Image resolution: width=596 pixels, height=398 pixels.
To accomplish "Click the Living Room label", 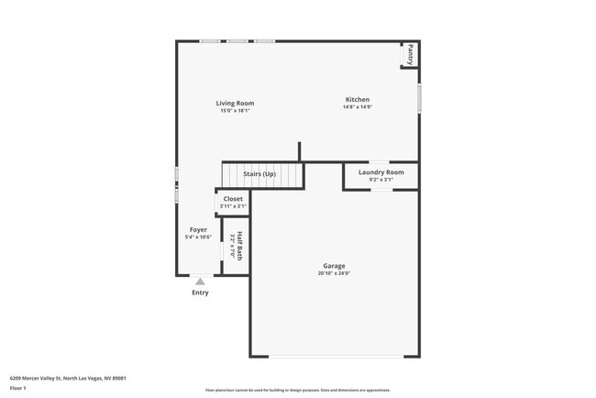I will click(235, 104).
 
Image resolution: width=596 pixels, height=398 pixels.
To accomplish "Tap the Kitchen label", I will click(357, 100).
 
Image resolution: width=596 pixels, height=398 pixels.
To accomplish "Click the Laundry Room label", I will click(381, 172).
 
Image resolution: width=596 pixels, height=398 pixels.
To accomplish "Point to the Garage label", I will click(334, 266).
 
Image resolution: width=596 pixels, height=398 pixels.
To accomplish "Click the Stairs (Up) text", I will click(259, 174).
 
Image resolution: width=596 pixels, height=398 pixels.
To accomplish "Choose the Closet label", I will click(233, 199).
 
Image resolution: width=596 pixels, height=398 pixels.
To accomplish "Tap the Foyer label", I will click(198, 230).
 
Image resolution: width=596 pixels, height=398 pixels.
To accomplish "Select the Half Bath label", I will click(239, 246).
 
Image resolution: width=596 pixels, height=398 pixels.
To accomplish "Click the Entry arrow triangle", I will click(200, 282).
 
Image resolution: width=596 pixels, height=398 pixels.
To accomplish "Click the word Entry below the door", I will click(200, 293).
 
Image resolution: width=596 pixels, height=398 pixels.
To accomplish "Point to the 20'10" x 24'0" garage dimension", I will click(334, 273).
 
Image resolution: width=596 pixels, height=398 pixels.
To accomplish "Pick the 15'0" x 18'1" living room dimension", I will click(235, 111).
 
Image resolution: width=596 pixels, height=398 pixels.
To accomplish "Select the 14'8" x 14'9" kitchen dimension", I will click(357, 107).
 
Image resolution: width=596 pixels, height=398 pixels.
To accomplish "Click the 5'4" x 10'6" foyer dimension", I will click(198, 238).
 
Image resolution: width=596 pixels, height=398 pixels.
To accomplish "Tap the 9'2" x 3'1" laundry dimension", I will click(381, 180).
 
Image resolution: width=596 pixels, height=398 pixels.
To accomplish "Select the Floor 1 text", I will click(18, 389).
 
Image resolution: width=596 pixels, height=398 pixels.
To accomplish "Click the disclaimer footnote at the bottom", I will click(297, 390).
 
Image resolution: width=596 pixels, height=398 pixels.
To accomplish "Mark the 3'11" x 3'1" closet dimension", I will click(233, 206).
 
